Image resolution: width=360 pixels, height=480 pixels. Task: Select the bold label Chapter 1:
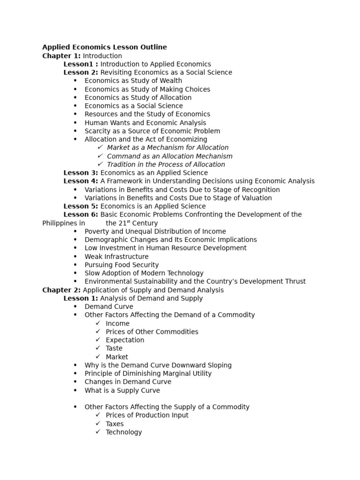click(61, 56)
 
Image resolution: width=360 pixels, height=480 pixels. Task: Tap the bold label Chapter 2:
click(61, 290)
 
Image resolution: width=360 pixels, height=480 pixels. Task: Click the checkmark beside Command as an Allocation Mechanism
click(100, 156)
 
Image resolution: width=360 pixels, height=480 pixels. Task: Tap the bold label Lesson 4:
click(81, 181)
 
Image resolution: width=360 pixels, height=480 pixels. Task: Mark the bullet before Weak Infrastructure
click(75, 257)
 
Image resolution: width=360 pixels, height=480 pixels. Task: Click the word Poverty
click(97, 232)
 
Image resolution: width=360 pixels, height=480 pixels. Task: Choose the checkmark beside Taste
click(98, 348)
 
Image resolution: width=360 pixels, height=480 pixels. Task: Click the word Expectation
click(125, 340)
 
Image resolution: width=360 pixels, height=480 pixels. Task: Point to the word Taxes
click(115, 424)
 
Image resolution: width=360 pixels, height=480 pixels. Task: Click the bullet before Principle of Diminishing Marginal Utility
click(75, 374)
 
